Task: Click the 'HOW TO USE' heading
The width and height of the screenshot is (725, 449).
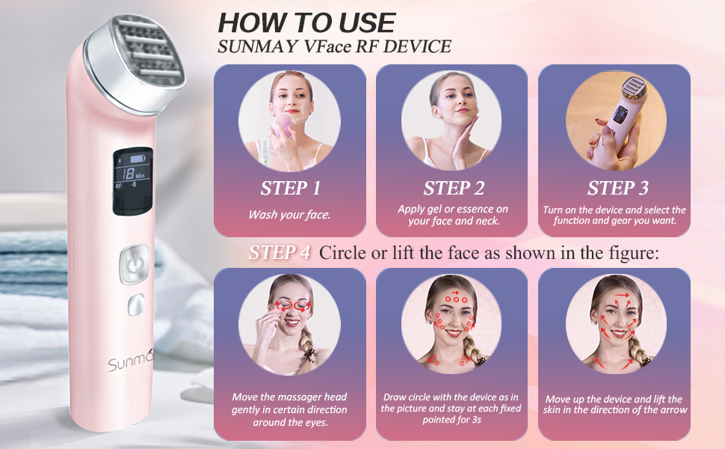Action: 306,21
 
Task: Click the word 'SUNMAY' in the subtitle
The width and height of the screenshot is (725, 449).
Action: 253,47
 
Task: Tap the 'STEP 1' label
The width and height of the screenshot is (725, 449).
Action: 290,188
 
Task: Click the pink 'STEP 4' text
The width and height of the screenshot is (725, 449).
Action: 280,253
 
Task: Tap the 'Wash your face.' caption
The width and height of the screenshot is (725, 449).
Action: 289,215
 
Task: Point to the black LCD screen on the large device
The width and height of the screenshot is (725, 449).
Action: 133,183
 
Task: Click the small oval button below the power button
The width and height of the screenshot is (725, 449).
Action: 135,304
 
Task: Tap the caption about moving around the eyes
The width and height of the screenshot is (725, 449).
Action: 289,410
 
